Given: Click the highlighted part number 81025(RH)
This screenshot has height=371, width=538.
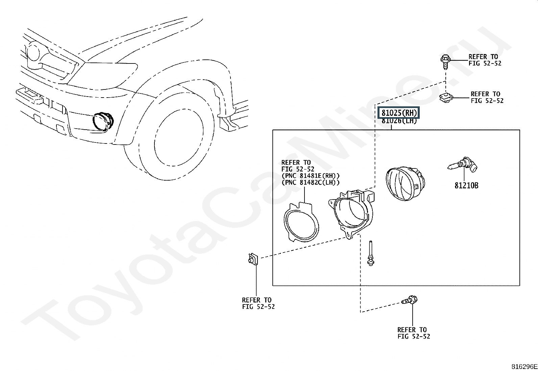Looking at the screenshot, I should point(399,113).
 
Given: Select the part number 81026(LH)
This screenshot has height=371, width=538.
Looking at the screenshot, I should point(399,121).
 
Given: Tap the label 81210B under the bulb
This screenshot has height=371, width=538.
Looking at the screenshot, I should point(466,185).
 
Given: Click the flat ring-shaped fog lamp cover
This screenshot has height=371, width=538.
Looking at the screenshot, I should point(300,222).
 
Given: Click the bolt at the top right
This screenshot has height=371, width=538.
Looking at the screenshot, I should point(445,60).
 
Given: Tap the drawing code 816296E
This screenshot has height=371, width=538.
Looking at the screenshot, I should point(524,367).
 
